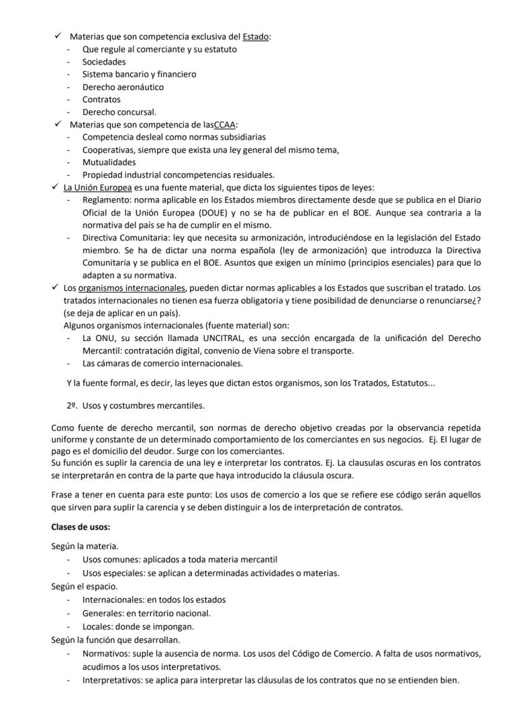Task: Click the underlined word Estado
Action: pyautogui.click(x=256, y=37)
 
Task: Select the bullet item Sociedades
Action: pyautogui.click(x=104, y=61)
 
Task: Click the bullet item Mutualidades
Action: pyautogui.click(x=109, y=162)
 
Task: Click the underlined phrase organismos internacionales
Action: pyautogui.click(x=132, y=288)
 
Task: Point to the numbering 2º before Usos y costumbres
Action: pyautogui.click(x=71, y=406)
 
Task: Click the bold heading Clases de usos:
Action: pyautogui.click(x=81, y=527)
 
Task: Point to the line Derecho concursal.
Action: pyautogui.click(x=119, y=112)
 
